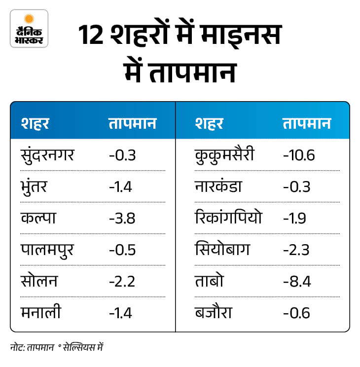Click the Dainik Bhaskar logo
coord(29,28)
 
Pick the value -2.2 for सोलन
coord(122,281)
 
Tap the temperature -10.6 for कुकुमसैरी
coord(299,155)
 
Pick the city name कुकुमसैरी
coord(225,155)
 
